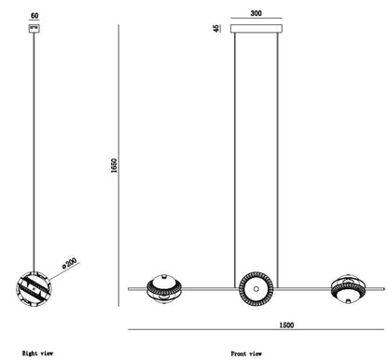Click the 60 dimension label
coord(35,16)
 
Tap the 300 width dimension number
coord(256,13)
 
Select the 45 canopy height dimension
coord(216,29)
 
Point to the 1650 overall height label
coord(114,165)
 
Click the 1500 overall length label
coord(286,325)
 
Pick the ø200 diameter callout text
coord(69,263)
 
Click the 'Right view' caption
coord(37,353)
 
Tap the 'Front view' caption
coord(246,353)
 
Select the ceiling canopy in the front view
coord(256,29)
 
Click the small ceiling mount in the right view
coord(35,29)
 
